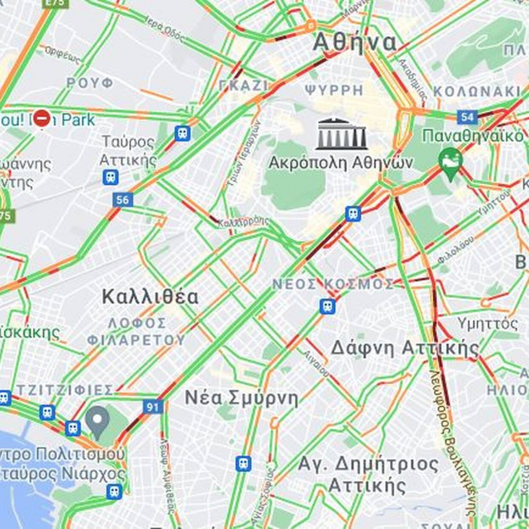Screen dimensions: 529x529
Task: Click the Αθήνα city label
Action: (354, 43)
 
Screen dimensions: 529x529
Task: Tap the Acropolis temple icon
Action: (341, 134)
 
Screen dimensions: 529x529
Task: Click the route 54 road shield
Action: (467, 117)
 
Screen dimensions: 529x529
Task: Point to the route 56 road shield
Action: (122, 199)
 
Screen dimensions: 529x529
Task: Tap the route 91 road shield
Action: (152, 407)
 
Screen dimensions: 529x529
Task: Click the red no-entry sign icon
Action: (42, 119)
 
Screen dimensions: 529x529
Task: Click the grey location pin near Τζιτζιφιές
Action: (97, 420)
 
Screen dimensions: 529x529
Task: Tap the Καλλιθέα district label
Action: (150, 297)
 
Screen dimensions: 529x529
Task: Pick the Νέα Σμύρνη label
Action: (241, 397)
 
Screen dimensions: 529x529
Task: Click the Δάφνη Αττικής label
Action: (405, 348)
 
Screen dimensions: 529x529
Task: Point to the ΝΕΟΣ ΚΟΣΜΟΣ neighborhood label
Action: (333, 284)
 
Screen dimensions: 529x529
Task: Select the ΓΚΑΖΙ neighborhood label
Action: (243, 85)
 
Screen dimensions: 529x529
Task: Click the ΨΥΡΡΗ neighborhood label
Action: (335, 90)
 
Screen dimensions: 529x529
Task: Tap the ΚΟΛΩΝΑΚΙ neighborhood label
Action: (477, 91)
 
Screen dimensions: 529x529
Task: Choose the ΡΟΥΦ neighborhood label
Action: (90, 83)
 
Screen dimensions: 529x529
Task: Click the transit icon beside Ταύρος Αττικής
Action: (110, 177)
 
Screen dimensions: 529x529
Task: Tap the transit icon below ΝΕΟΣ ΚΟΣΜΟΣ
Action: (328, 306)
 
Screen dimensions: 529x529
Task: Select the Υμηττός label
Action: (487, 323)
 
